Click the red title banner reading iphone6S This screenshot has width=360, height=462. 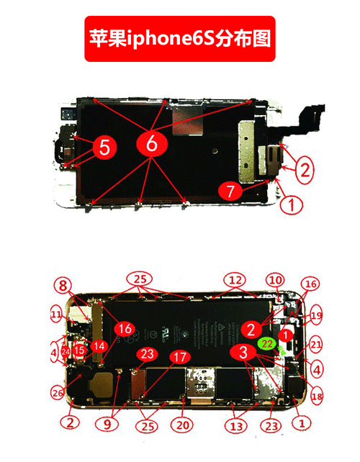180,38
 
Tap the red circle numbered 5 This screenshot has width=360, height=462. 104,149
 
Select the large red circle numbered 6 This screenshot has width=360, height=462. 151,143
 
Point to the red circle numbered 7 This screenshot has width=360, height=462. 230,191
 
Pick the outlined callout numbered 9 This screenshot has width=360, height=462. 107,425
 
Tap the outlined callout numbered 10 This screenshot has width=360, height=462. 274,279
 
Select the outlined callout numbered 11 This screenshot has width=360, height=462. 56,314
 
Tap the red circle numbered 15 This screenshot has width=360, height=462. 79,350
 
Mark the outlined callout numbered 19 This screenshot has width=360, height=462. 317,314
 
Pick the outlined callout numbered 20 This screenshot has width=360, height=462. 183,425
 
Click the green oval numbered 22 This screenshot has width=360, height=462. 268,345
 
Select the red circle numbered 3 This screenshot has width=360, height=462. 244,352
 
